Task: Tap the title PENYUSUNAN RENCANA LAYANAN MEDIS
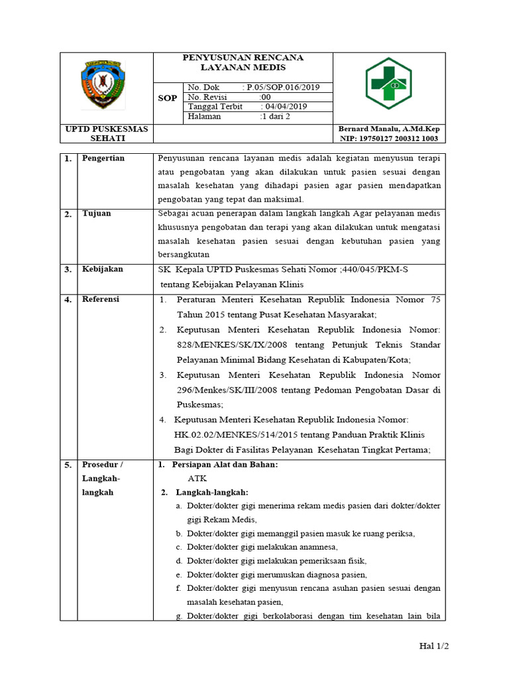[243, 62]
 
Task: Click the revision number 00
[265, 97]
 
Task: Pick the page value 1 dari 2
[276, 116]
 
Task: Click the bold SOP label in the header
[168, 98]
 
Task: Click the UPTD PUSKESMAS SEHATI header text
[106, 133]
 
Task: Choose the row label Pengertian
[103, 158]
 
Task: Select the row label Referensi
[100, 300]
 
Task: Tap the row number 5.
[68, 465]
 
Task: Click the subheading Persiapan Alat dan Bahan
[224, 465]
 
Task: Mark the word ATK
[197, 479]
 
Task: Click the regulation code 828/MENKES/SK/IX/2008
[223, 345]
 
